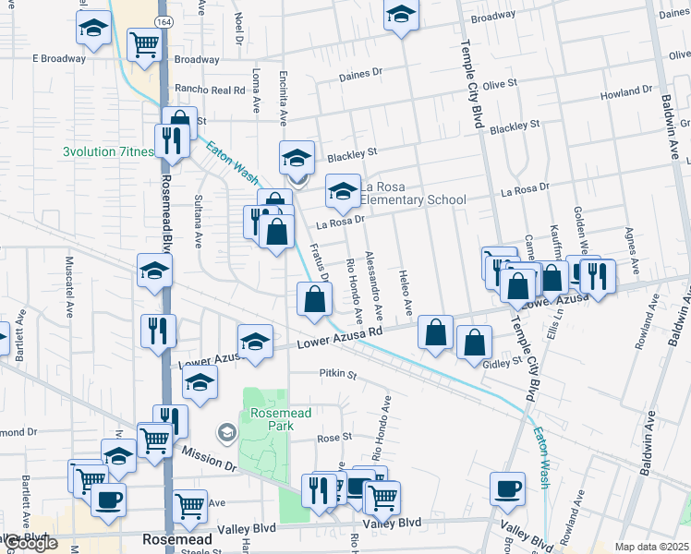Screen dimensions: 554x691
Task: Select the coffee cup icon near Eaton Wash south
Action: tap(507, 488)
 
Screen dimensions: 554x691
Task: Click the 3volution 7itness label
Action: tap(107, 151)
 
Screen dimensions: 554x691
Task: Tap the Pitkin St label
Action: tap(337, 375)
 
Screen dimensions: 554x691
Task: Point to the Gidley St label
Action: tap(503, 364)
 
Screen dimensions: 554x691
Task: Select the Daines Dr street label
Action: tap(361, 77)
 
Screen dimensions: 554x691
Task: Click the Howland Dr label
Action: tap(625, 93)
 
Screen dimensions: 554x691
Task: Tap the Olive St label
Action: tap(498, 85)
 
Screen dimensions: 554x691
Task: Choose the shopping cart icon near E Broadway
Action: tap(144, 43)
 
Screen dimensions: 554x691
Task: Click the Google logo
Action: tap(31, 543)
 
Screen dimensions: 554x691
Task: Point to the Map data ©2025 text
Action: tap(651, 547)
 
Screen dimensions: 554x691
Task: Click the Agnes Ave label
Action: tap(633, 251)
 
